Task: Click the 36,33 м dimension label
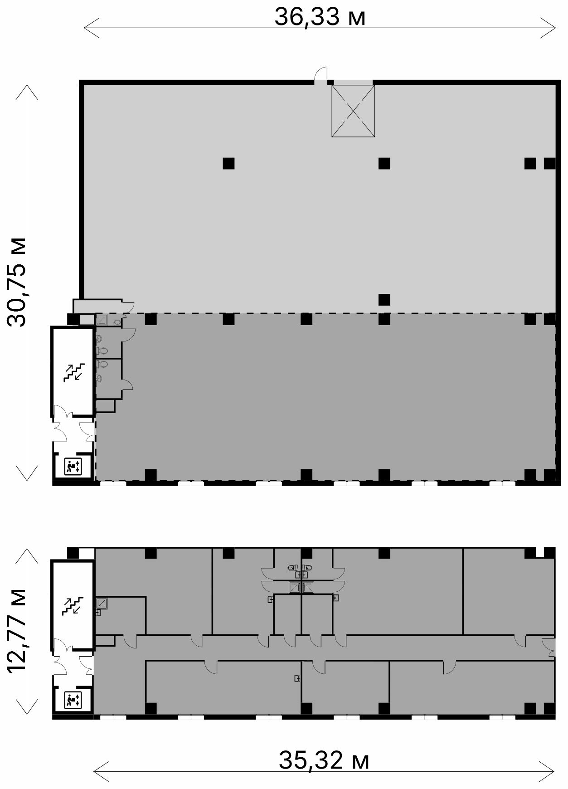(x=320, y=17)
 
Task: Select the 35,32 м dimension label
(x=324, y=760)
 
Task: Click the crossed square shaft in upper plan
(x=353, y=111)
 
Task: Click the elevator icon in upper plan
(x=73, y=466)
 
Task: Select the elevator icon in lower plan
(x=73, y=700)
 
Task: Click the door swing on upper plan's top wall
(x=321, y=74)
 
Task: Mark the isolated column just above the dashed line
(x=384, y=299)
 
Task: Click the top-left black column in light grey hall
(x=228, y=163)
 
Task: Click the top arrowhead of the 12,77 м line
(x=27, y=556)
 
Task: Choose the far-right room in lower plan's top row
(x=509, y=591)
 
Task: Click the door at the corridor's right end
(x=549, y=647)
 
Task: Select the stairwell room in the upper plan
(x=73, y=371)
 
